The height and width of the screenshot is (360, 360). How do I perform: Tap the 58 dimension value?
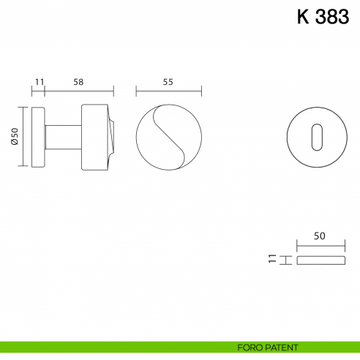(78, 83)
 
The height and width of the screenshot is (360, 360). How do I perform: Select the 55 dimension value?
(168, 83)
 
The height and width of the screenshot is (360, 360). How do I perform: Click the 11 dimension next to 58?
(39, 83)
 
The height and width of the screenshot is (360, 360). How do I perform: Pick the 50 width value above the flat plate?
(318, 236)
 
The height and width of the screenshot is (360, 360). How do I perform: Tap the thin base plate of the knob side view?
(40, 137)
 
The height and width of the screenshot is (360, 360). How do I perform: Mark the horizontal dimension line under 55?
(168, 92)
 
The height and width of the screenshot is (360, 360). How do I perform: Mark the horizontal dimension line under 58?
(79, 92)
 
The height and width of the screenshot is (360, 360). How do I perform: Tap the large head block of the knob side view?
(94, 137)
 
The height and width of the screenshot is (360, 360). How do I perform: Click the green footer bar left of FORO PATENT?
(110, 347)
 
